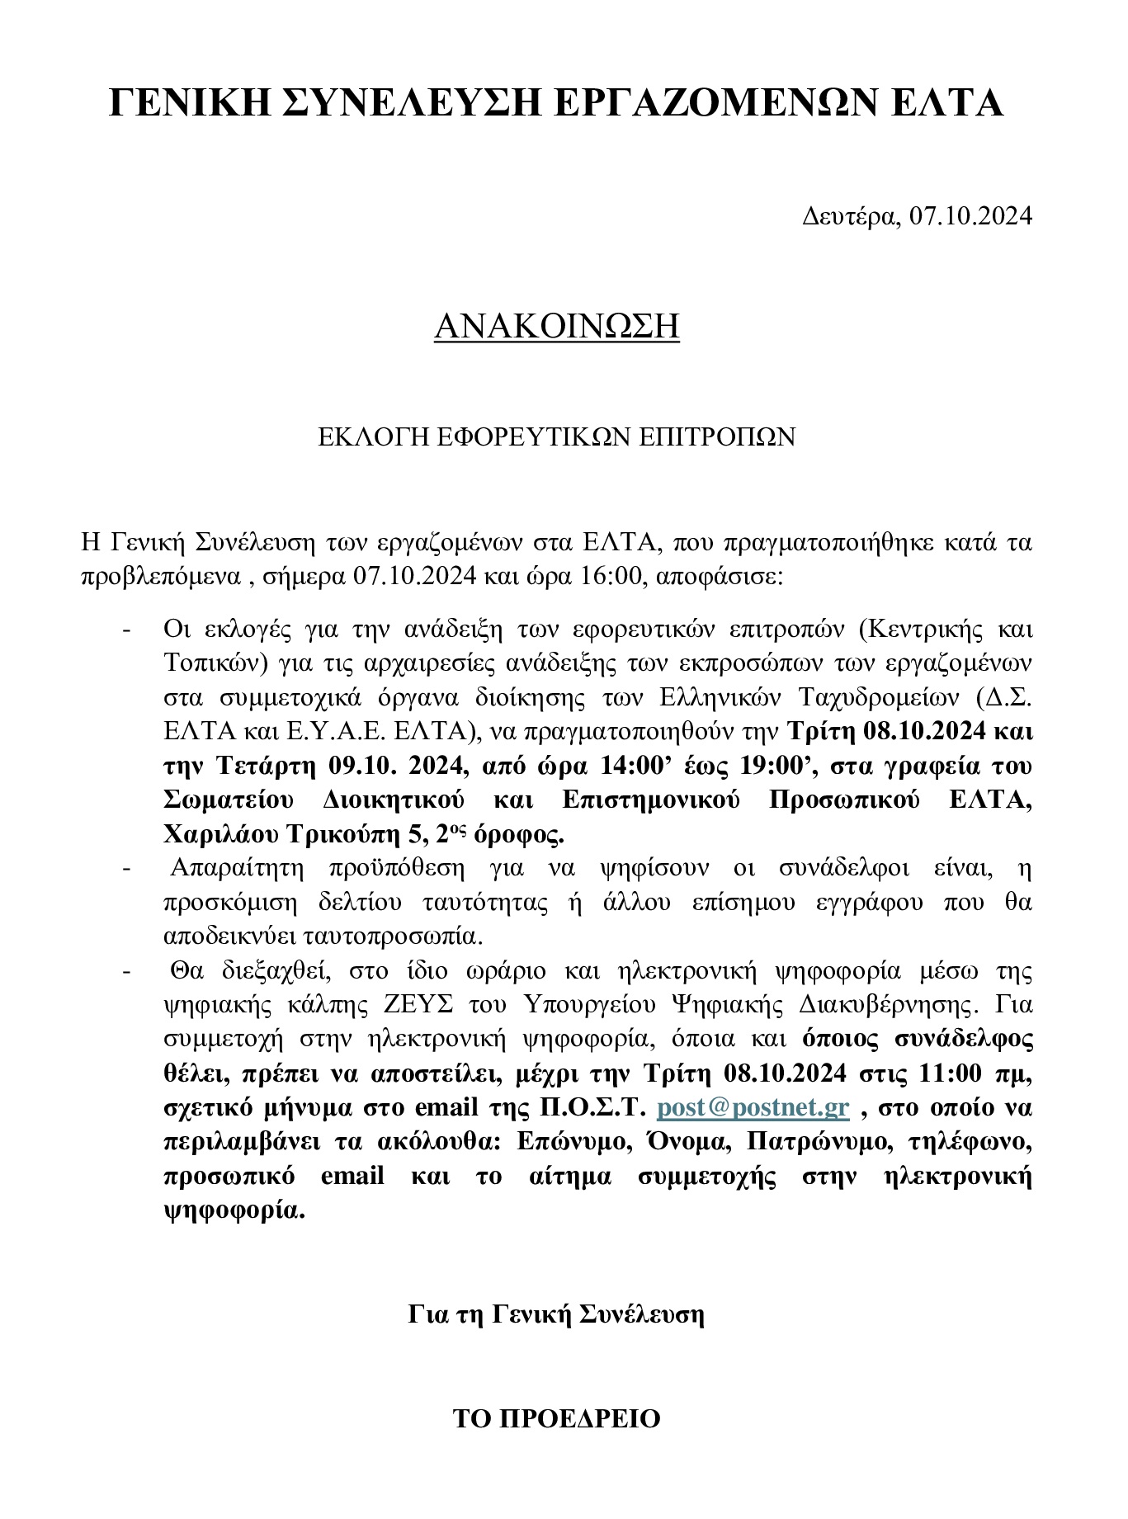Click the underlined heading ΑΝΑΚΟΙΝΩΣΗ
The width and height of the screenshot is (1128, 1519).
point(557,327)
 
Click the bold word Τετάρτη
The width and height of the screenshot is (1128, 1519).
point(267,766)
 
